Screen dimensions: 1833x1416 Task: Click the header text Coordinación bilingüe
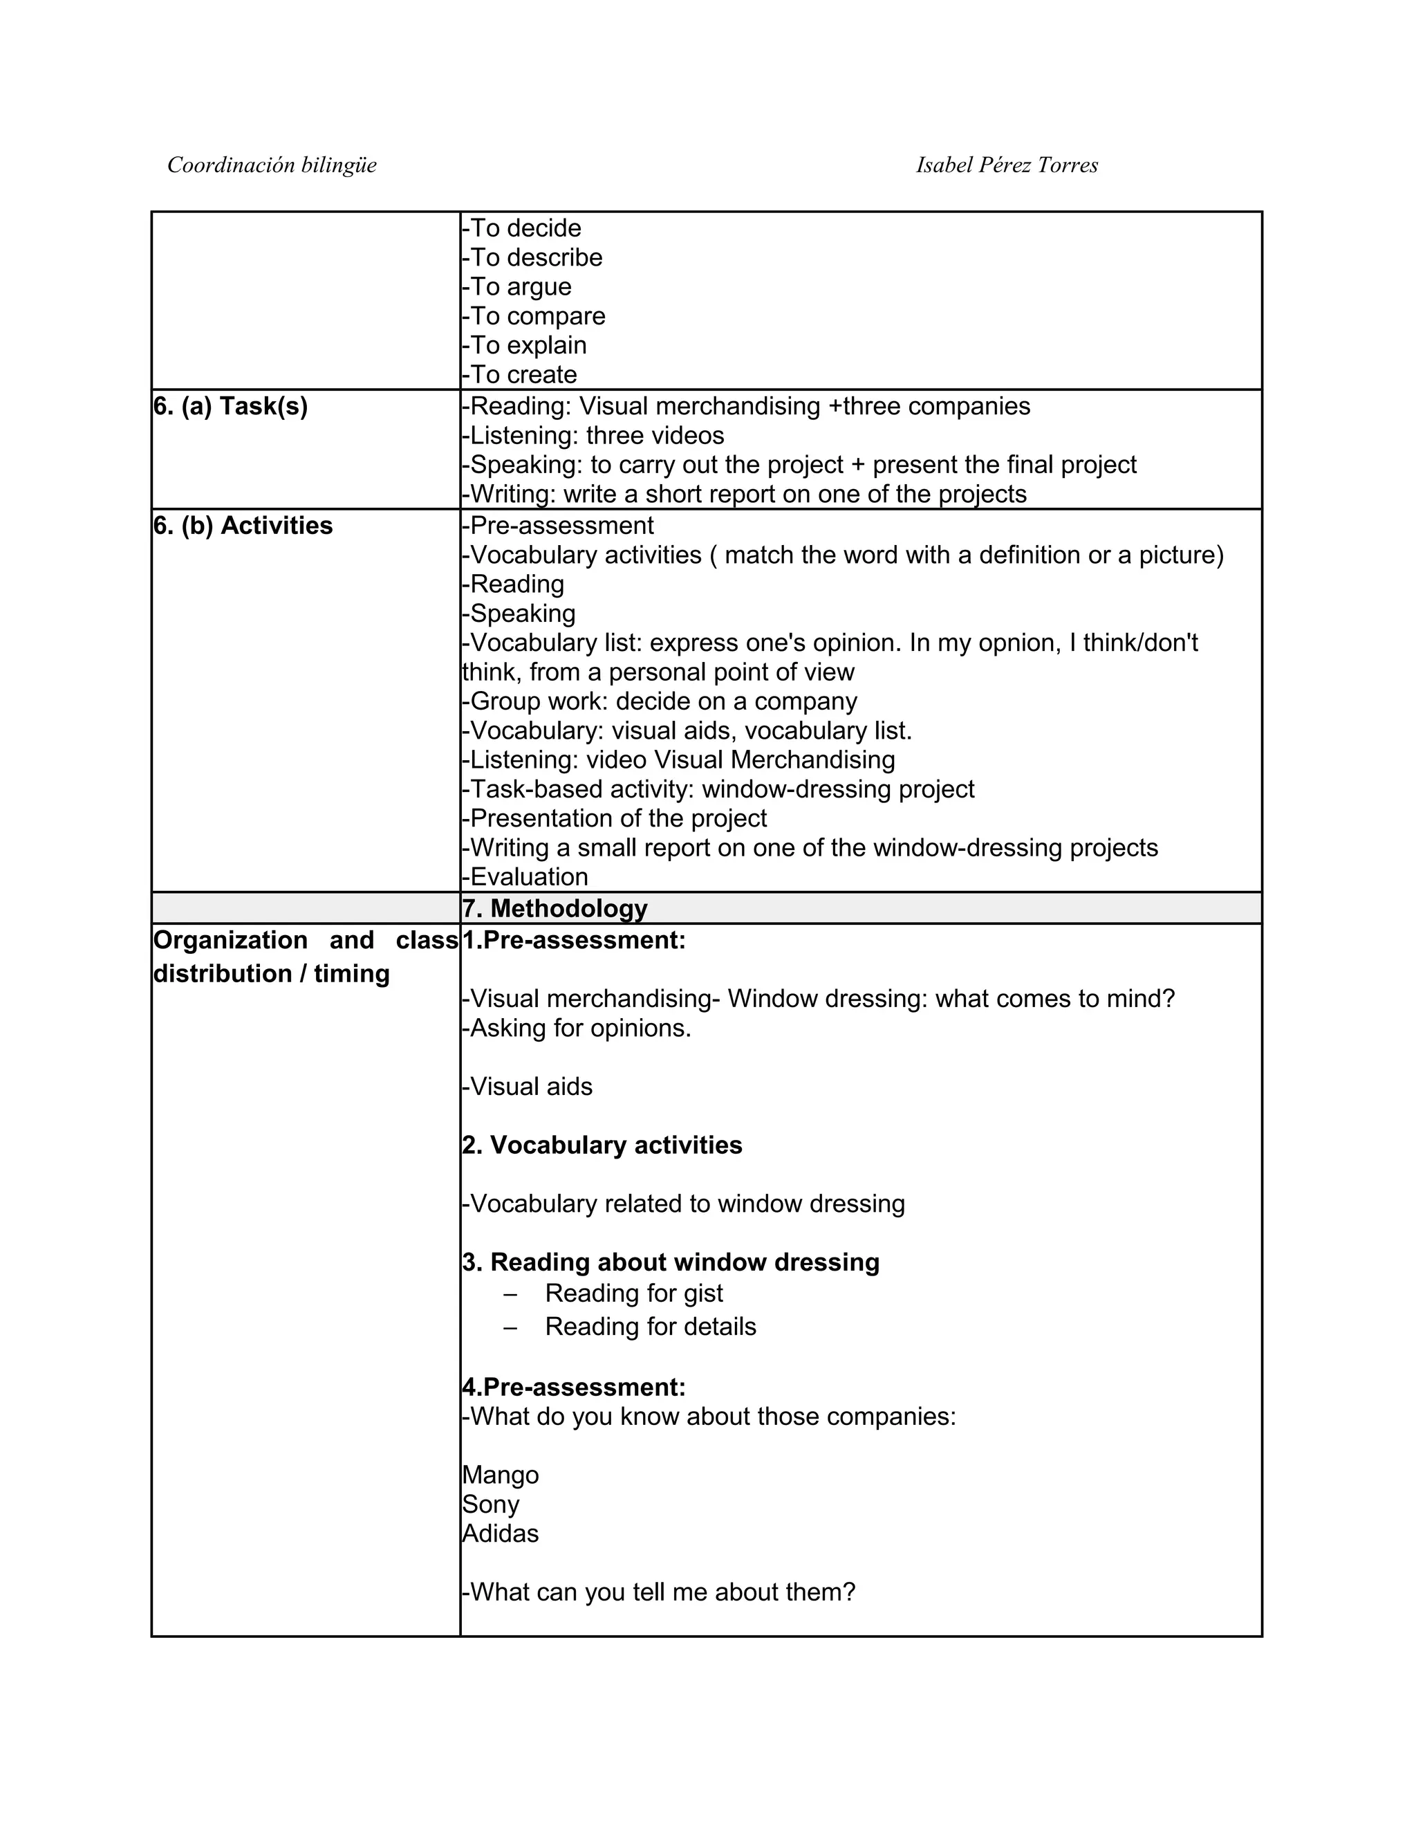pos(272,165)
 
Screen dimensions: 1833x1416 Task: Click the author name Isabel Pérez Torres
pos(1007,165)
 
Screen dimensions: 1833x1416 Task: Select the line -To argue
pos(516,287)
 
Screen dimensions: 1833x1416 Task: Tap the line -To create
pos(519,374)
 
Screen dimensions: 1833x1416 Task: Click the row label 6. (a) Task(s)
pos(231,406)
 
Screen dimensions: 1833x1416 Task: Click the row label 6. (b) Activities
pos(243,526)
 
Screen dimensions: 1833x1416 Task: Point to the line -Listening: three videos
pos(593,436)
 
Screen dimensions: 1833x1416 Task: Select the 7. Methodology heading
pos(555,908)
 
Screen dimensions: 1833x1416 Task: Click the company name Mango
pos(501,1475)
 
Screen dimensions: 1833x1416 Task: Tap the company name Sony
pos(491,1504)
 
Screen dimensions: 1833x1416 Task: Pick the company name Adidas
pos(501,1533)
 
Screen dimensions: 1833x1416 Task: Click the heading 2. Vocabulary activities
pos(602,1145)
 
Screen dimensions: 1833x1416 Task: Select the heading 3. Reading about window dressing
pos(670,1262)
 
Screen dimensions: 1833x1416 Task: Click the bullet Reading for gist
pos(633,1293)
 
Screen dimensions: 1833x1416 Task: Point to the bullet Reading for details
pos(650,1326)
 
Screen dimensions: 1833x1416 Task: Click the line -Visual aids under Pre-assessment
pos(527,1086)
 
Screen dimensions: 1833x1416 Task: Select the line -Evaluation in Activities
pos(525,877)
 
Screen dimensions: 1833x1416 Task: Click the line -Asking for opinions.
pos(577,1028)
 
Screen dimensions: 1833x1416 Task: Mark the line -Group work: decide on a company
pos(660,701)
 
